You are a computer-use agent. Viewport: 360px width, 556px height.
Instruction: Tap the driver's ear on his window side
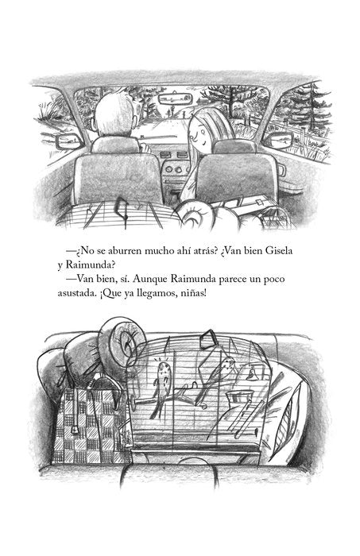pyautogui.click(x=94, y=125)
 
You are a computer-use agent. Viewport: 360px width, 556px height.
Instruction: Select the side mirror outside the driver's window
pyautogui.click(x=68, y=142)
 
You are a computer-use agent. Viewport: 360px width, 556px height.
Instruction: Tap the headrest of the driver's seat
pyautogui.click(x=115, y=145)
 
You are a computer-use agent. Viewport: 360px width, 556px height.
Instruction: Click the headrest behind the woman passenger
pyautogui.click(x=234, y=146)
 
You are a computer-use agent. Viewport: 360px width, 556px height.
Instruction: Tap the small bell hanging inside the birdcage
pyautogui.click(x=251, y=374)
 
